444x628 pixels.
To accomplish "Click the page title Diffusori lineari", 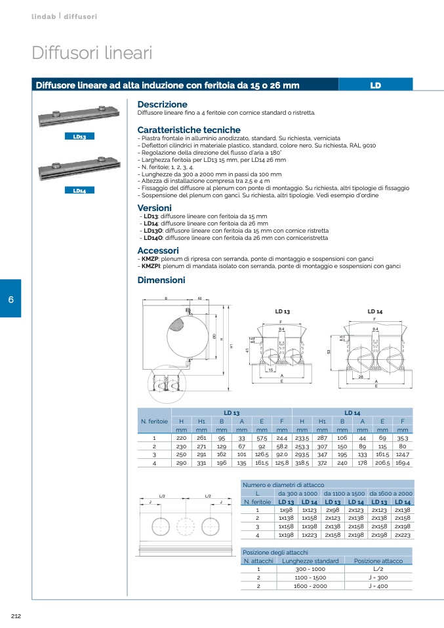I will coord(92,53).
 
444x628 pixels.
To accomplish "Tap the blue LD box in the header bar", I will coord(375,85).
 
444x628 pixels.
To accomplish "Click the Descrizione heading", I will coord(162,104).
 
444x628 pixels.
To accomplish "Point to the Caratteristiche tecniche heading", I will coord(189,130).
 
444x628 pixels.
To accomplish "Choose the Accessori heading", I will coord(157,250).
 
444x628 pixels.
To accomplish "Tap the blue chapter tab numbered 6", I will coord(10,299).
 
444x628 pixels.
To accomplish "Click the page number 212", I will coord(17,615).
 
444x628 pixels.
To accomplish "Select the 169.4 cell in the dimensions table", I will coord(403,462).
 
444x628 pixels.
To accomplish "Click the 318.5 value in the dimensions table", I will coord(300,462).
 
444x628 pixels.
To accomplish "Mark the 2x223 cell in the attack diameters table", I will coord(402,535).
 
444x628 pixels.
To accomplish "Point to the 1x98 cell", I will coord(286,509).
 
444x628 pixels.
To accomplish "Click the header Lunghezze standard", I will coord(310,560).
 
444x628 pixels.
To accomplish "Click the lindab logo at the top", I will coord(44,14).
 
